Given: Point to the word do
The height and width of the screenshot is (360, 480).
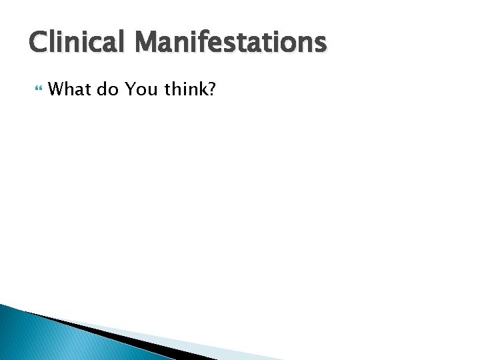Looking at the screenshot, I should pyautogui.click(x=107, y=88).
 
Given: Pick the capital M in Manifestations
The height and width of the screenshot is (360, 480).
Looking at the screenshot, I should pyautogui.click(x=145, y=43).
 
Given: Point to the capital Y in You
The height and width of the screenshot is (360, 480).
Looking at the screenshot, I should pyautogui.click(x=130, y=88).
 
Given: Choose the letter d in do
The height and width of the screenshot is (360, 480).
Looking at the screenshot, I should pyautogui.click(x=102, y=88).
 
